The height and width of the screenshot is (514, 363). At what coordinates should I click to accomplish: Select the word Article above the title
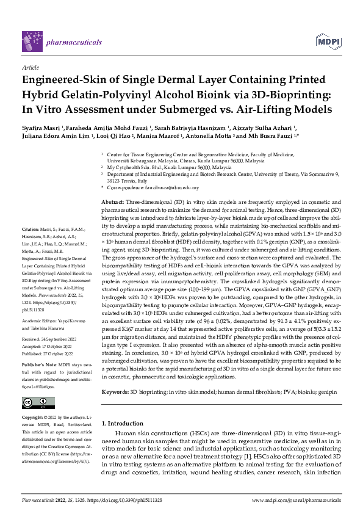(x=30, y=68)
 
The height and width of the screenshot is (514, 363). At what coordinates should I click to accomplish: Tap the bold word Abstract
(x=112, y=201)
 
